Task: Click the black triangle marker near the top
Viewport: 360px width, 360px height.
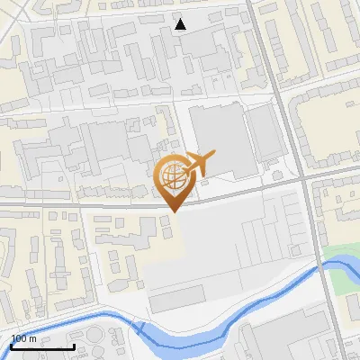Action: tap(181, 24)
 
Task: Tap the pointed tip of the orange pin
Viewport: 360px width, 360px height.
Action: tap(172, 211)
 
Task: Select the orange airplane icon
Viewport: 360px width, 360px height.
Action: tap(197, 164)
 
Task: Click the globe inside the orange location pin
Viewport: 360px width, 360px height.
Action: tap(172, 175)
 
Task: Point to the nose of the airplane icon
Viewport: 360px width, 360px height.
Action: tap(213, 156)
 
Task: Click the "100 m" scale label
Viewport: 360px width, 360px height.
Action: tap(24, 338)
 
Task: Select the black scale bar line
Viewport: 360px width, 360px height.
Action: tap(42, 346)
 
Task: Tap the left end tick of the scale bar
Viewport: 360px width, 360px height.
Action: tap(12, 345)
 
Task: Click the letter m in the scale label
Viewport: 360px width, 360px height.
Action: tap(33, 338)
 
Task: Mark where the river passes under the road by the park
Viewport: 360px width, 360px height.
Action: tap(319, 266)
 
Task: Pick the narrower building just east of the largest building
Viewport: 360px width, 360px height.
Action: tap(265, 135)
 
